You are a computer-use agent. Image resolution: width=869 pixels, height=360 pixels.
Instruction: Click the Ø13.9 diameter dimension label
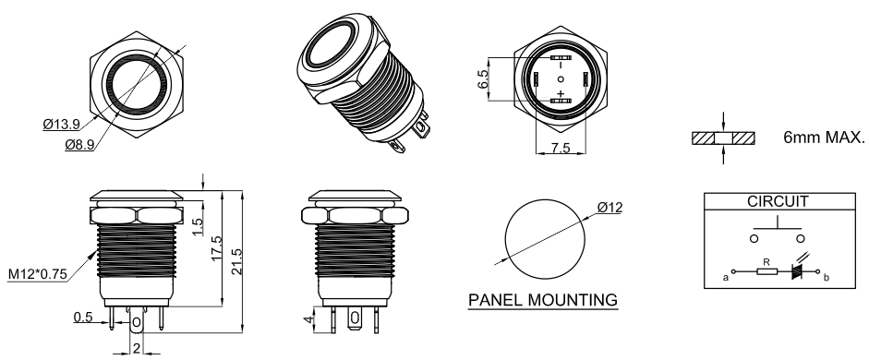[61, 124]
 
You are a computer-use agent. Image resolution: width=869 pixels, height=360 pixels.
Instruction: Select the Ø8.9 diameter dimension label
[78, 145]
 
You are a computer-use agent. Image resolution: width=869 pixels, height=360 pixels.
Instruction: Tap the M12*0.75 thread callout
[38, 273]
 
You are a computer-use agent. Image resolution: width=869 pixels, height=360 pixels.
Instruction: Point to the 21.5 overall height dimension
[235, 260]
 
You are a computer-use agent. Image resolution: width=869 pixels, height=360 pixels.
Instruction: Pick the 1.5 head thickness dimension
[198, 226]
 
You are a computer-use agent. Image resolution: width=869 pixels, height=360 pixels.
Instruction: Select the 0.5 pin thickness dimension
[83, 318]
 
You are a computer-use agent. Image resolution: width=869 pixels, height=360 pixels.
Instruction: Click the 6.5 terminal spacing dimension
[483, 79]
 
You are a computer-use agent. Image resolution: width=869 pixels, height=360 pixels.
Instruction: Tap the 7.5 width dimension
[561, 149]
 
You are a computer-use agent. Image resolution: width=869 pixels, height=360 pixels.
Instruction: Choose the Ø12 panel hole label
[610, 207]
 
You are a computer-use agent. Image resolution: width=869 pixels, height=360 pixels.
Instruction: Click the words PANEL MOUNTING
[543, 300]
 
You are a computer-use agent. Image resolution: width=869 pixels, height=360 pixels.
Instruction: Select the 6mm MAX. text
[824, 138]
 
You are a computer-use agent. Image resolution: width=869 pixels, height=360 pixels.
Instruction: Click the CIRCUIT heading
[778, 201]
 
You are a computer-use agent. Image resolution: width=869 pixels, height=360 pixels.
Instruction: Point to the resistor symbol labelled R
[767, 271]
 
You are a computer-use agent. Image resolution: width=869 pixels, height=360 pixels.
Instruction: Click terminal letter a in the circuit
[725, 278]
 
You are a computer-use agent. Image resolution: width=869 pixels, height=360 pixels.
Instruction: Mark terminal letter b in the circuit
[827, 278]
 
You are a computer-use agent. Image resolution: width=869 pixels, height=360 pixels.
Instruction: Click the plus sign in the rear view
[561, 93]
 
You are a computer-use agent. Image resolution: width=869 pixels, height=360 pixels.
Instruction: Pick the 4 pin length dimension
[307, 320]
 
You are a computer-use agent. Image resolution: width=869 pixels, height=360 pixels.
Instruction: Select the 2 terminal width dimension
[137, 348]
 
